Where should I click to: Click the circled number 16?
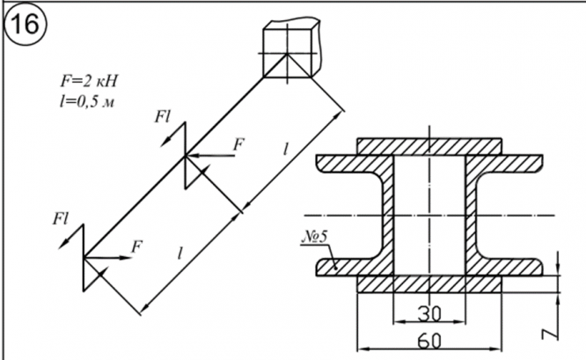pos(26,25)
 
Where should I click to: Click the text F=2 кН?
pos(89,81)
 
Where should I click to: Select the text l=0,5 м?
pos(87,100)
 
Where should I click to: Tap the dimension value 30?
pos(429,314)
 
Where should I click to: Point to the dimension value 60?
pos(429,341)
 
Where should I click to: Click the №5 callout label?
pos(314,237)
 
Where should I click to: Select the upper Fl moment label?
pos(162,117)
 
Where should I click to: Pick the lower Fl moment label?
pos(61,218)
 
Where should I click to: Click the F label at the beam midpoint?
pos(238,144)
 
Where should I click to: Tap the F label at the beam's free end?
pos(136,246)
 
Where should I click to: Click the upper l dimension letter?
pos(286,150)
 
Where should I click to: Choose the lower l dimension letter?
pos(180,253)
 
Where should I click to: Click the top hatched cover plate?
pos(429,146)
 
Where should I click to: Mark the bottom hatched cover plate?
pos(429,284)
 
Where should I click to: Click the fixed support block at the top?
pos(291,48)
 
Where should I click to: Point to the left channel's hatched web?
pos(388,216)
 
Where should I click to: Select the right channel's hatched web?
pos(471,216)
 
